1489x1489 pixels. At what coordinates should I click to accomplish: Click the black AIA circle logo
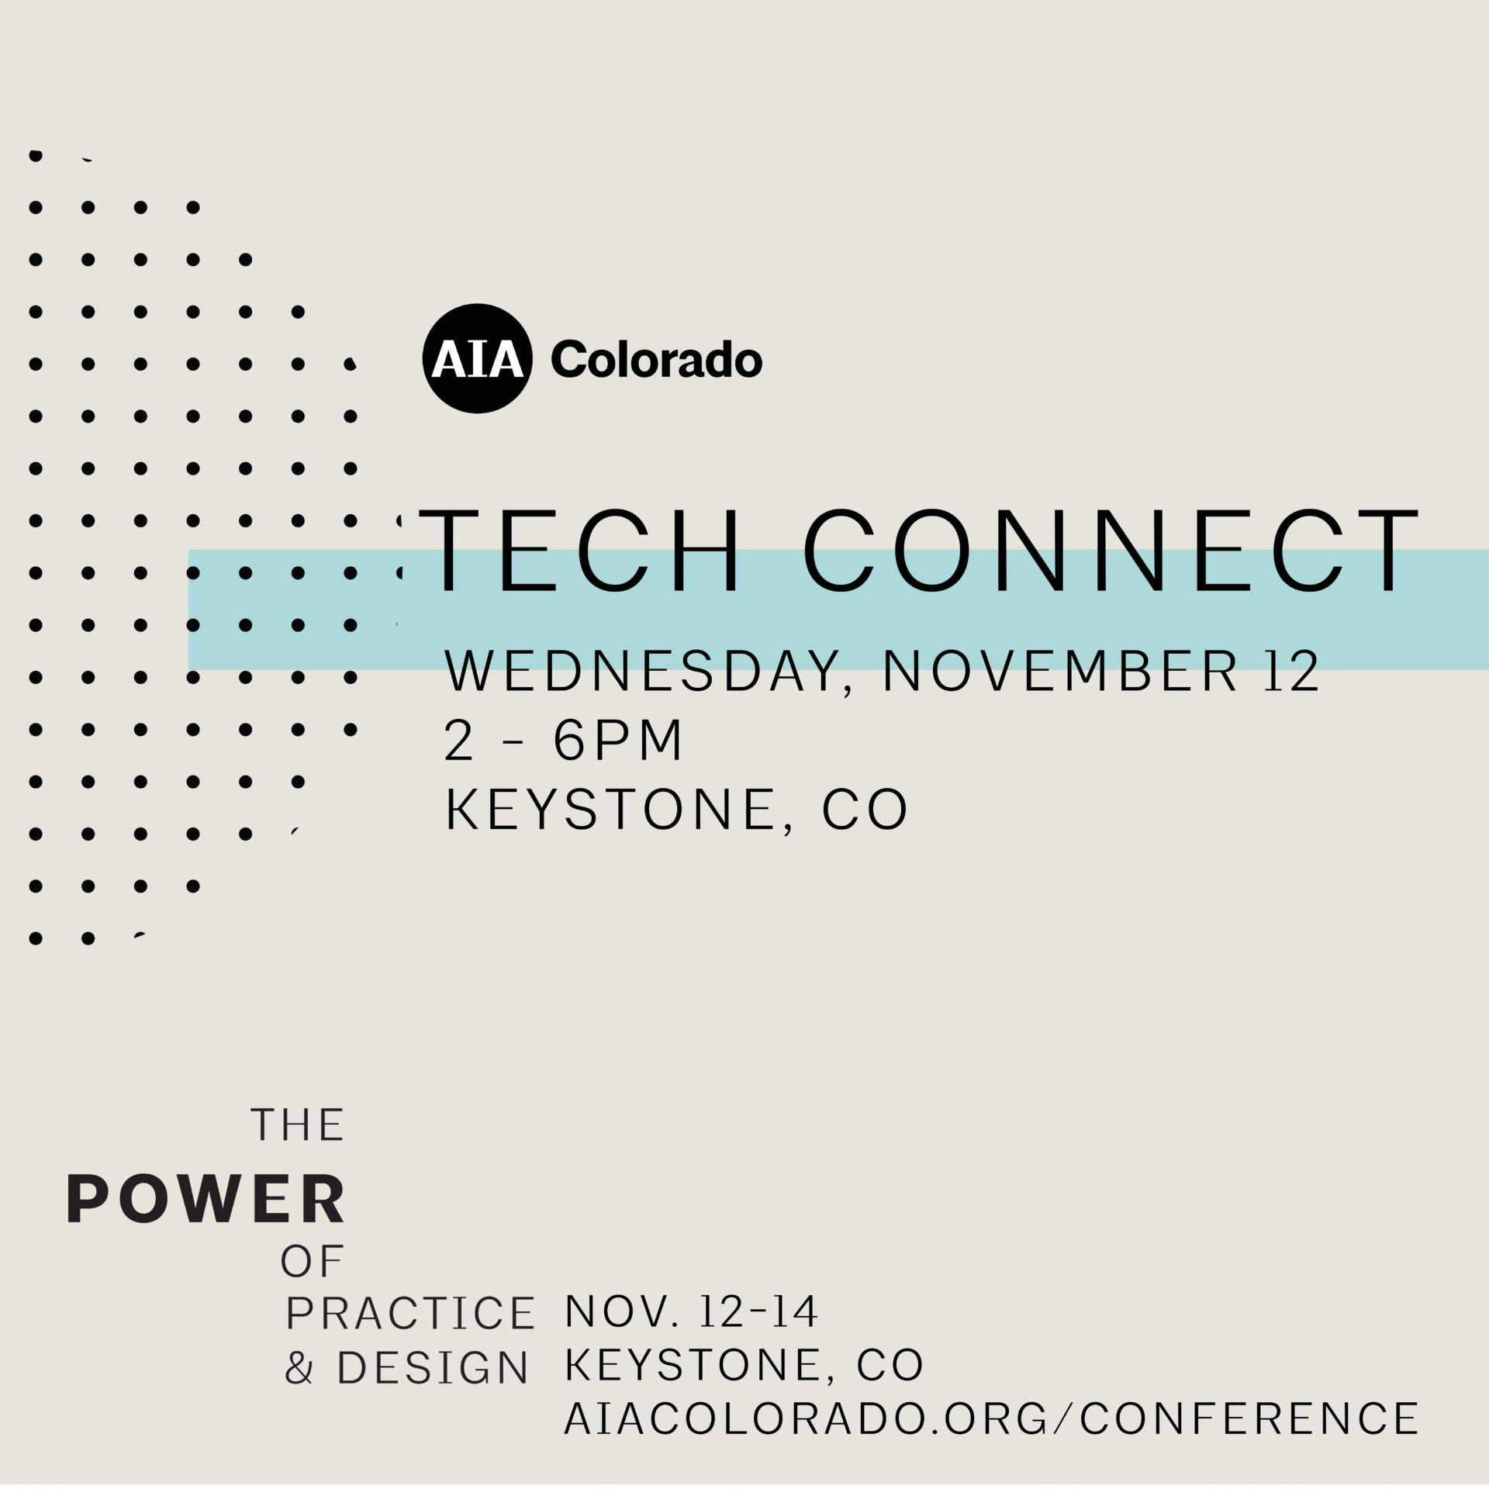(478, 358)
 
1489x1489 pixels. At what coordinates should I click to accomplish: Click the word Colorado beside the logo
(656, 360)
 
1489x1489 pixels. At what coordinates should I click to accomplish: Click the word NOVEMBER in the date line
(1060, 671)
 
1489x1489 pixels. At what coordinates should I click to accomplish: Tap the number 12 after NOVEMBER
(1291, 671)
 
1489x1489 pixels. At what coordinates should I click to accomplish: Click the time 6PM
(617, 740)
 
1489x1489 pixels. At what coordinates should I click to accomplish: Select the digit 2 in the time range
(458, 740)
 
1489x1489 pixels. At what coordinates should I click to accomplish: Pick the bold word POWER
(206, 1199)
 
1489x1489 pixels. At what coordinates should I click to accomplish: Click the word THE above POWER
(298, 1125)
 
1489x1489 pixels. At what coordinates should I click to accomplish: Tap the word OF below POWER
(312, 1262)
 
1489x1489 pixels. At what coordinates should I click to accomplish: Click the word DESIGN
(433, 1367)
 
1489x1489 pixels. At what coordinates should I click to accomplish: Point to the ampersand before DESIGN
(299, 1367)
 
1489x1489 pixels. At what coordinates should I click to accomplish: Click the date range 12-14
(758, 1311)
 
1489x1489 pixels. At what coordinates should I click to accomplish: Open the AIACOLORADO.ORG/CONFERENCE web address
(991, 1418)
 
